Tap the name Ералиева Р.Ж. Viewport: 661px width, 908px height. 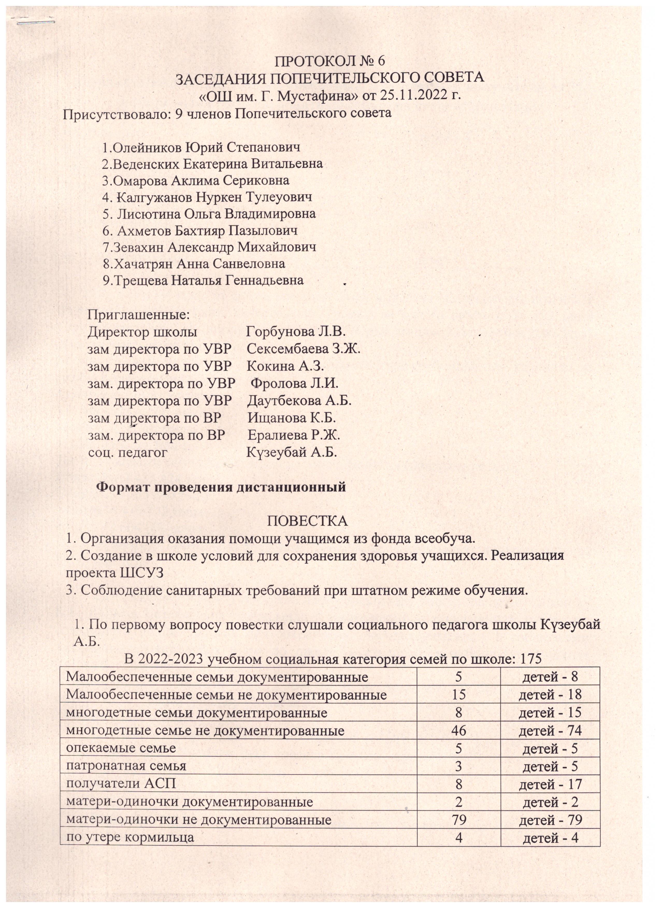[x=294, y=435]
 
